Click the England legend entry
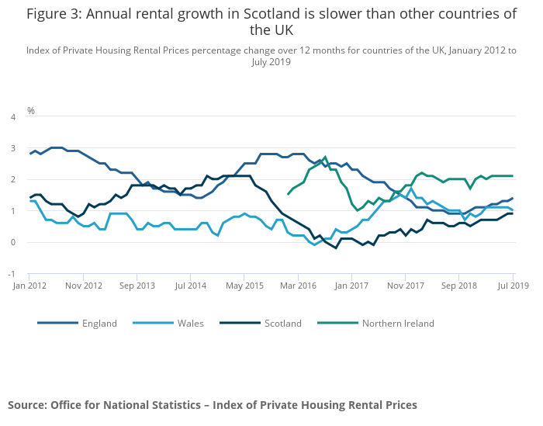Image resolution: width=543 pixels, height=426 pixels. (x=99, y=324)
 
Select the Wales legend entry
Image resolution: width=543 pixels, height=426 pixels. (x=190, y=324)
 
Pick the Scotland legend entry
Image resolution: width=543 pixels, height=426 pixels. (x=282, y=324)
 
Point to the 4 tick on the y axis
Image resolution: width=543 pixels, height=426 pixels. (x=12, y=117)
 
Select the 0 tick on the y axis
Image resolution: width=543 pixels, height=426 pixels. (x=12, y=242)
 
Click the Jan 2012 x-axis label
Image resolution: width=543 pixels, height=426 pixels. (x=29, y=286)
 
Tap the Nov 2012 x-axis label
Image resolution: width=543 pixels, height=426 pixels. (x=83, y=286)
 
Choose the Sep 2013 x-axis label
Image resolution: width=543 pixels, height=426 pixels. (x=137, y=286)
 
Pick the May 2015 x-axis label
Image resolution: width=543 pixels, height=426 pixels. (x=244, y=286)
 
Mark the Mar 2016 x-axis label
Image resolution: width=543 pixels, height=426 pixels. (x=298, y=286)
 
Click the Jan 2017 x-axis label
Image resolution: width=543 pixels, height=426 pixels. (x=351, y=286)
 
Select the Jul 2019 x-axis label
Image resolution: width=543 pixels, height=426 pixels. (x=513, y=286)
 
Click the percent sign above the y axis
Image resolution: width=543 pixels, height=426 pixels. (x=31, y=111)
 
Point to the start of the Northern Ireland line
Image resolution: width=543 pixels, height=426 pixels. (x=289, y=194)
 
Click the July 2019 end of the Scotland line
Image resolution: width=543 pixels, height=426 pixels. (x=512, y=213)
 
